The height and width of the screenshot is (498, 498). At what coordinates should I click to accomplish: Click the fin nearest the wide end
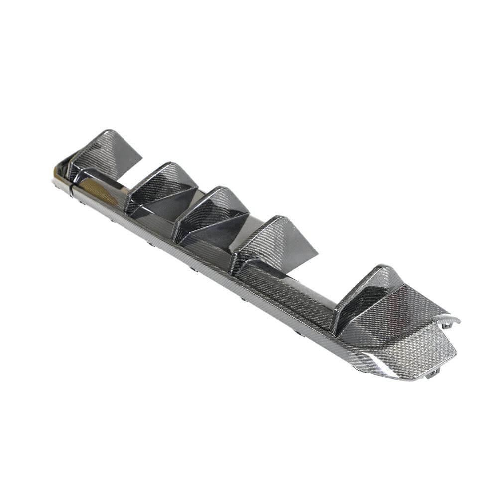pos(364,294)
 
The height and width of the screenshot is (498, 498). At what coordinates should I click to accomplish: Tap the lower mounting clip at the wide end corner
pos(432,373)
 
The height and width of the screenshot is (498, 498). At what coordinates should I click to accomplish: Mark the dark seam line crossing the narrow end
pos(73,187)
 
